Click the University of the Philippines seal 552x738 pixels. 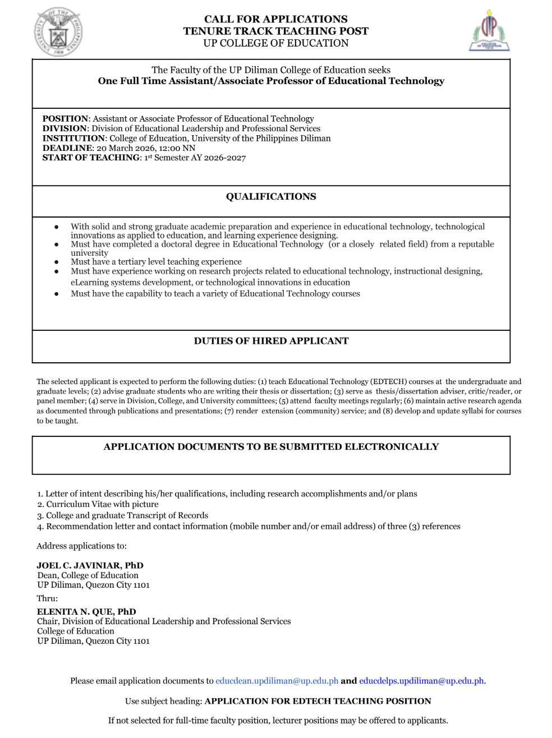pos(58,33)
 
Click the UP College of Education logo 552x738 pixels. pos(489,31)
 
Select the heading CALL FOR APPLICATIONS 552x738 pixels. pos(275,19)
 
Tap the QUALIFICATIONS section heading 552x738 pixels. pos(271,196)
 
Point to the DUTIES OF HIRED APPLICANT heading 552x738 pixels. pos(271,341)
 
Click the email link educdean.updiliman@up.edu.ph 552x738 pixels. pos(277,681)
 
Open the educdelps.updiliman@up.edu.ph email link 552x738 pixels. pos(421,681)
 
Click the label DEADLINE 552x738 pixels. pos(67,148)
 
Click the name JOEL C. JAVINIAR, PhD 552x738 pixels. pos(90,565)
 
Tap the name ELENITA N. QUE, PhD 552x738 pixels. pos(86,611)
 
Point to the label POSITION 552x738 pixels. pos(65,119)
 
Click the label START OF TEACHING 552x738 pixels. pos(91,158)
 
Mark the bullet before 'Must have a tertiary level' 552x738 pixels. pos(56,262)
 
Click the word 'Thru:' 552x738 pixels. pos(47,598)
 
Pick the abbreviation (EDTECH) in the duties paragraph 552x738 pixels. pos(388,382)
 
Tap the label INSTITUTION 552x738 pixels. pos(73,139)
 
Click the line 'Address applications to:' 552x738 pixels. pos(81,546)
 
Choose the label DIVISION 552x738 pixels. pos(65,128)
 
